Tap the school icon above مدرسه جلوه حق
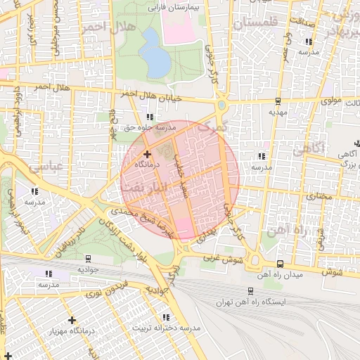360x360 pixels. coord(148,117)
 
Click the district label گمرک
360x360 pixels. coord(213,128)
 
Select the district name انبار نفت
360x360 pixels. coord(151,187)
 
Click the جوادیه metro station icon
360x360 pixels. coord(88,258)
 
